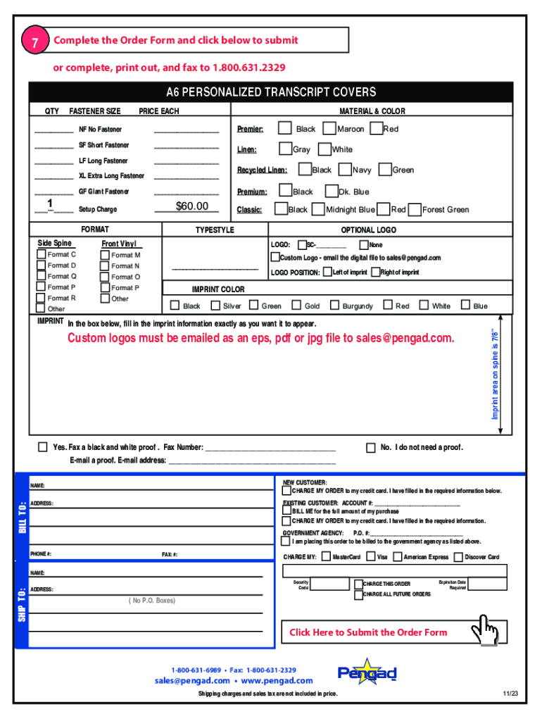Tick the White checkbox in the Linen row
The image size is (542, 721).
(x=324, y=149)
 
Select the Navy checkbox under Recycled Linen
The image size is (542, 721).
(x=345, y=169)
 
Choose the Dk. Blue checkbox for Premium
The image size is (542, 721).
(x=331, y=191)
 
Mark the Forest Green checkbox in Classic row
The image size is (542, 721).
(x=415, y=209)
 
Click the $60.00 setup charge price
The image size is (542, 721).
(x=192, y=206)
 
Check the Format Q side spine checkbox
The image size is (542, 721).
(x=42, y=276)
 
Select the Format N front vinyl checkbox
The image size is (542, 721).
(x=105, y=265)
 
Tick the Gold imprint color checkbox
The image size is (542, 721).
(x=296, y=306)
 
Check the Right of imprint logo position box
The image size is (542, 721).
(x=375, y=272)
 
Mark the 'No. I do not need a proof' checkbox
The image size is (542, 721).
(x=371, y=447)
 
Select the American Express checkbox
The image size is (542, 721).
(x=398, y=557)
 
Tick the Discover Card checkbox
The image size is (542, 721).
(x=458, y=557)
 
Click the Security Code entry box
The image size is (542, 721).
(x=329, y=584)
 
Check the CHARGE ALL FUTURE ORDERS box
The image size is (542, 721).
(x=358, y=594)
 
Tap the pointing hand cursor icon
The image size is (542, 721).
(x=486, y=627)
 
